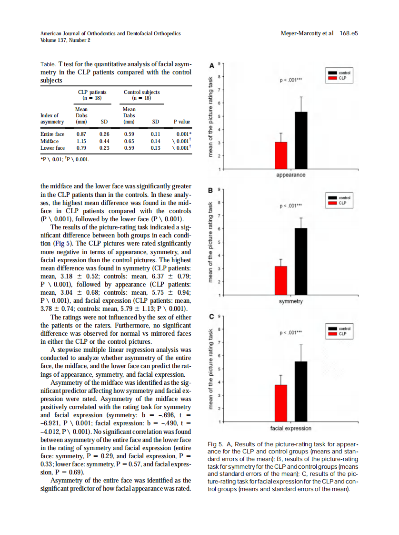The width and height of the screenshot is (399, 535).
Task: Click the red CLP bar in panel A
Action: click(281, 155)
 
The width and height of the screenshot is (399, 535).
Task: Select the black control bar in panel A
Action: click(301, 141)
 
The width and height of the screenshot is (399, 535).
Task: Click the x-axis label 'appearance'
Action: click(291, 175)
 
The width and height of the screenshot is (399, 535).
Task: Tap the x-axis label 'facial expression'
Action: click(291, 428)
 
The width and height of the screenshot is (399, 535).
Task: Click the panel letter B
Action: click(211, 191)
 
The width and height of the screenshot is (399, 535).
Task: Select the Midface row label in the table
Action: click(50, 141)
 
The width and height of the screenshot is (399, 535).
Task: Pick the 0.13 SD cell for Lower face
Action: click(155, 148)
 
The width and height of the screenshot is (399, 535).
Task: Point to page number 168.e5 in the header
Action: click(349, 34)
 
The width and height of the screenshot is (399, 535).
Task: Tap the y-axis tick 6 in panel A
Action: click(219, 103)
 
